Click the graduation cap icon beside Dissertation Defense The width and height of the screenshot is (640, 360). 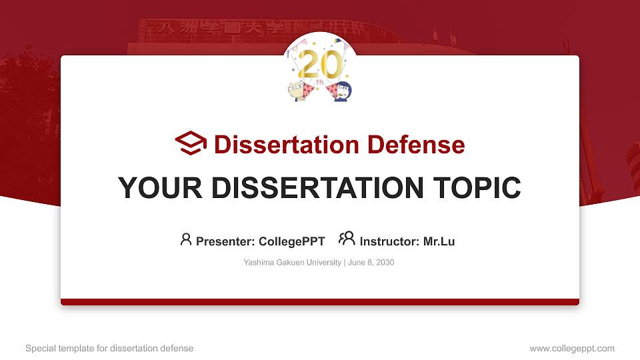click(x=191, y=143)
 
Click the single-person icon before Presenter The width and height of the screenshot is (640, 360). click(x=186, y=239)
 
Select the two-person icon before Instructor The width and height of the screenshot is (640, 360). click(x=347, y=239)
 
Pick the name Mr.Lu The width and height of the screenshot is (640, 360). click(x=439, y=241)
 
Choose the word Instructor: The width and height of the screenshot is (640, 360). click(x=390, y=241)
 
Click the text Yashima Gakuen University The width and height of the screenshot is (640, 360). click(x=293, y=263)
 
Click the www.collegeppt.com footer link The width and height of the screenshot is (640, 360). click(x=572, y=348)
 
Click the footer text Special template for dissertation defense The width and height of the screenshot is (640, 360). click(x=109, y=348)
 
